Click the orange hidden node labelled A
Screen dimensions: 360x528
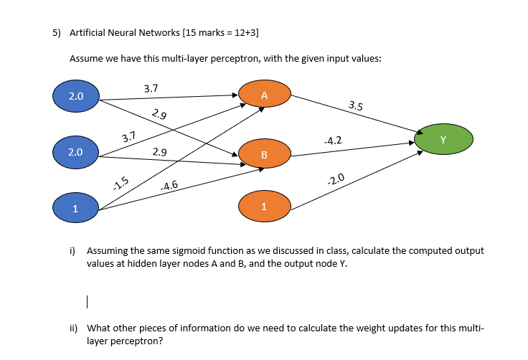click(x=265, y=95)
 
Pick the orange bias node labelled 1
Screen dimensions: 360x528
click(x=265, y=207)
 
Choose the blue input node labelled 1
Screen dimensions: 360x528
click(x=75, y=208)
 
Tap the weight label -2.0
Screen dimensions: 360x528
click(x=336, y=179)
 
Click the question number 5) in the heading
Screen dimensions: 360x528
click(x=57, y=33)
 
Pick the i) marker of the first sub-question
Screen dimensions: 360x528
click(x=72, y=251)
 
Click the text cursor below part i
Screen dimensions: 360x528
click(x=86, y=300)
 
